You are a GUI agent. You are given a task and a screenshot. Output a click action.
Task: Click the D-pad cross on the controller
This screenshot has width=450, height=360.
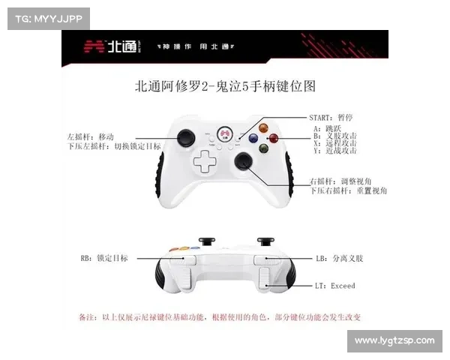[x=202, y=160]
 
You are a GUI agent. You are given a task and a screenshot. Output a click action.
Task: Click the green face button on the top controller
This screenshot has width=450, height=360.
[x=264, y=148]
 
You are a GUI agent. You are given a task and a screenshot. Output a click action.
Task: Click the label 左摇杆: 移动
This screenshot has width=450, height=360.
[x=90, y=136]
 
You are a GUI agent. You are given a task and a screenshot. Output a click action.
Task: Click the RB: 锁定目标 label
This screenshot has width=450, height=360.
[x=103, y=258]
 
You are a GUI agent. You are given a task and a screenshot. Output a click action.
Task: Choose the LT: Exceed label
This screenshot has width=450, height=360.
[x=335, y=286]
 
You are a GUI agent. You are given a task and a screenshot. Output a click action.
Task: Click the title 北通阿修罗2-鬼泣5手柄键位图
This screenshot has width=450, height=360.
[x=225, y=86]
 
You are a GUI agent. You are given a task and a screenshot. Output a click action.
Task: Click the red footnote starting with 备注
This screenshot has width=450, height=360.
[x=220, y=317]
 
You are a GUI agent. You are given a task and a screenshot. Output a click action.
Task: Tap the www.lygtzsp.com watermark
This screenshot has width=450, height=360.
[x=394, y=341]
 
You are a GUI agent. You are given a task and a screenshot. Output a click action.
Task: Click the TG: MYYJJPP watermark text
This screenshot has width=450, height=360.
[x=47, y=18]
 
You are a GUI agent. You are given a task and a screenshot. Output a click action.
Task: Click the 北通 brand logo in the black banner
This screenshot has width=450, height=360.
[x=112, y=46]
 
